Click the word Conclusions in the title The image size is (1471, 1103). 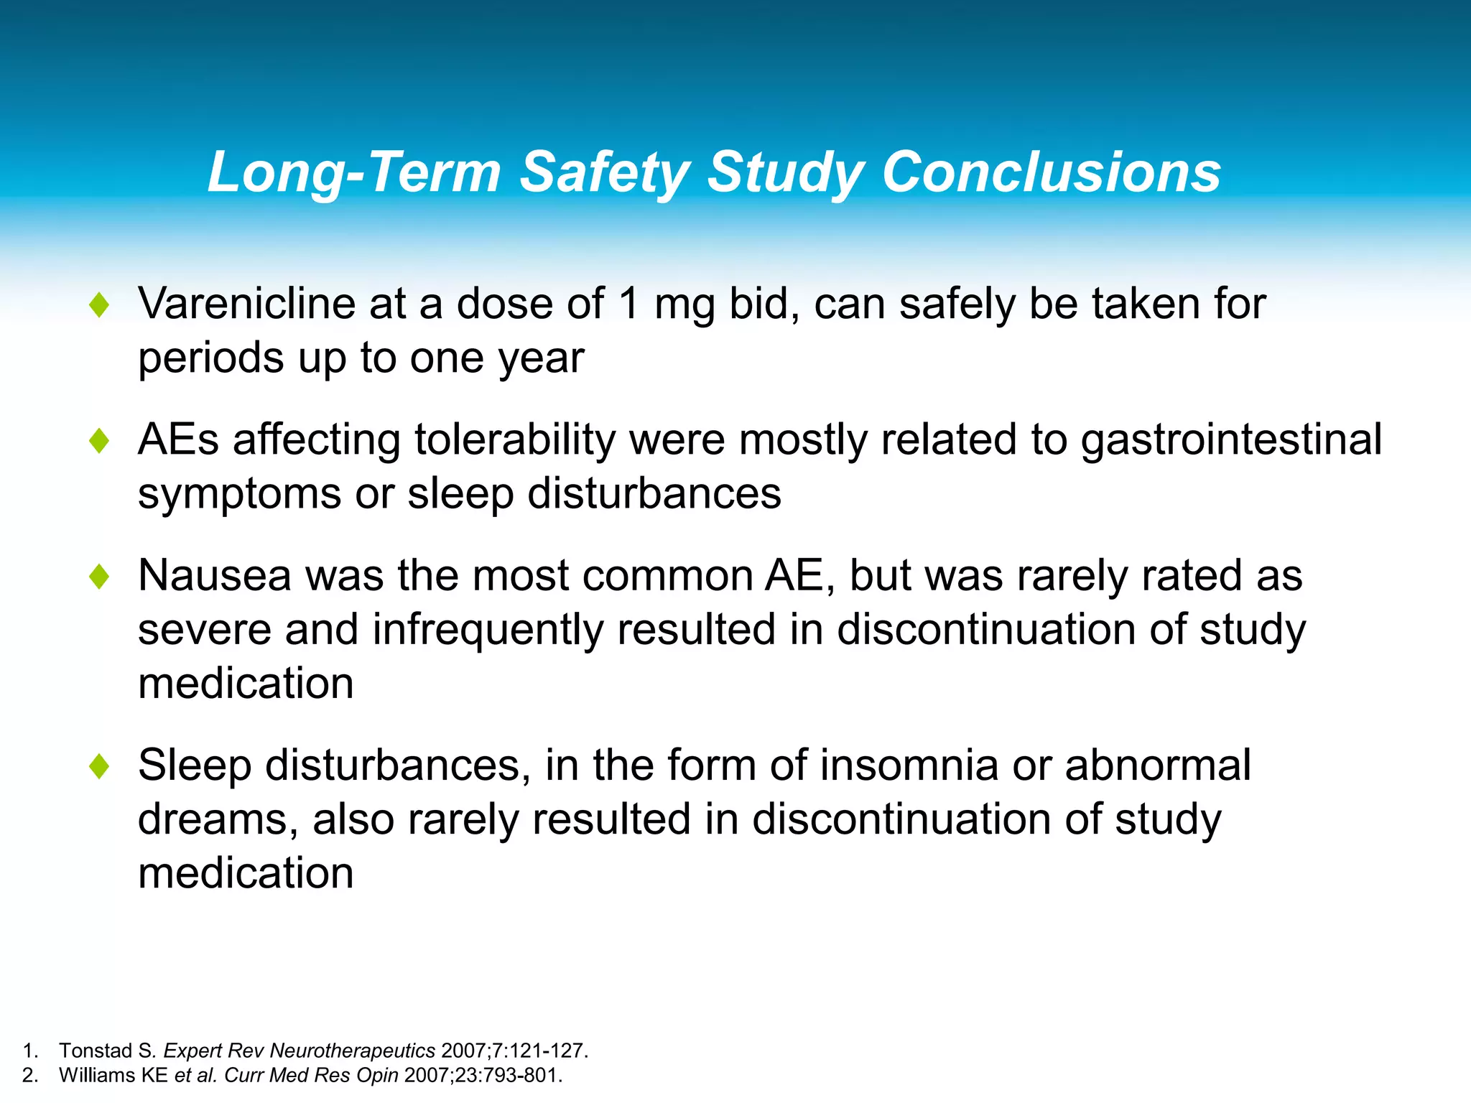(1051, 172)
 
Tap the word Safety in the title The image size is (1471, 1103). (605, 172)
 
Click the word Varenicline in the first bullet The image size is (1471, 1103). (246, 303)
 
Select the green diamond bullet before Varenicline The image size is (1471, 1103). (99, 305)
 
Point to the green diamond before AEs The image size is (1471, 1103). (99, 441)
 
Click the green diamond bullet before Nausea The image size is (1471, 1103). (99, 577)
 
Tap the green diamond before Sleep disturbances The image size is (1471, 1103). (99, 766)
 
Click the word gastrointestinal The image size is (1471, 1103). (1231, 439)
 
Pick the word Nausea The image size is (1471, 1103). (214, 575)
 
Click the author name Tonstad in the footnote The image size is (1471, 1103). (96, 1051)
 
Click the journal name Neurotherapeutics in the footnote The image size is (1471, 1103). (353, 1051)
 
